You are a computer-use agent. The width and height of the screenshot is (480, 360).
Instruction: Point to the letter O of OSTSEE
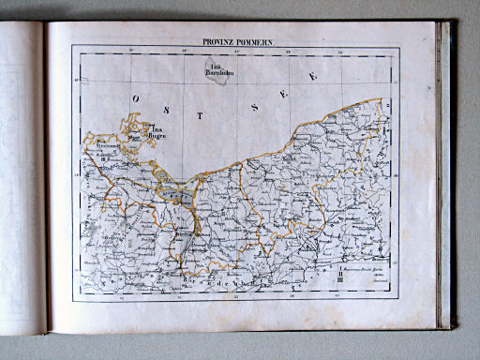(138, 97)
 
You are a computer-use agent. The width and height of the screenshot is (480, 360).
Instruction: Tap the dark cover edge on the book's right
(447, 178)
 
